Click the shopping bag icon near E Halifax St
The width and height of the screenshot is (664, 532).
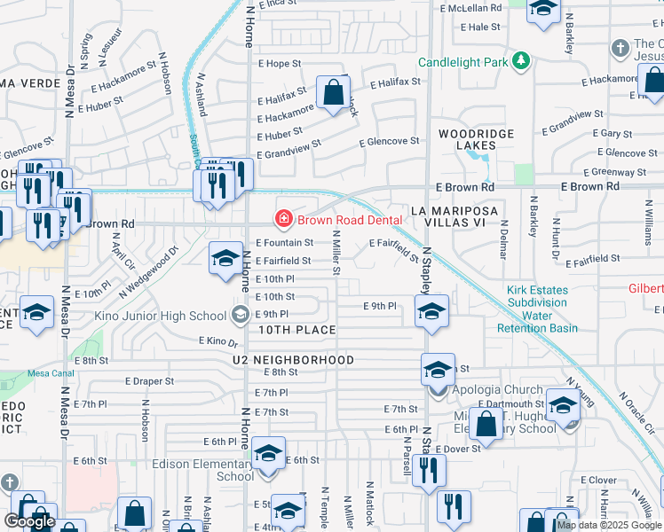coord(333,92)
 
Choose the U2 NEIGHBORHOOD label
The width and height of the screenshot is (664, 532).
coord(294,360)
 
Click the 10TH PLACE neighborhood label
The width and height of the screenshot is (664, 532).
coord(297,330)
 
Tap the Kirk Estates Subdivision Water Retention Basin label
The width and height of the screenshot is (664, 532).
coord(542,309)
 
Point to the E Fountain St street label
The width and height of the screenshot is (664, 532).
coord(285,242)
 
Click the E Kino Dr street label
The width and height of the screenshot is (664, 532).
coord(219,341)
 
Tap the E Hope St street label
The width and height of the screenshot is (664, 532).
coord(280,64)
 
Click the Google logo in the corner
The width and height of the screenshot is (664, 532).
coord(29,521)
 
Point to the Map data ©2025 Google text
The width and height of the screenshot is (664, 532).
coord(608,525)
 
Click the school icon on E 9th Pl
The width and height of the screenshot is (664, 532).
coord(431,312)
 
